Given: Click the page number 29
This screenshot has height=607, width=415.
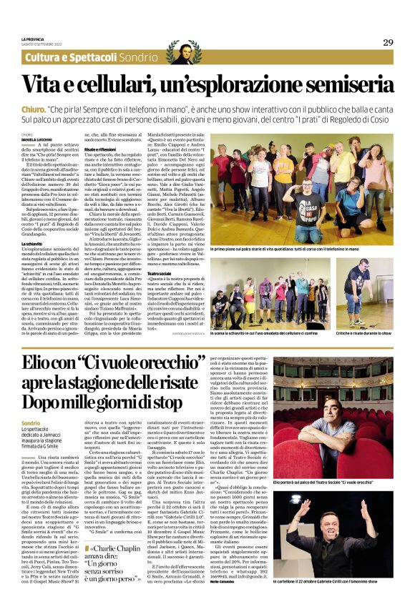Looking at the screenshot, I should coord(388,42).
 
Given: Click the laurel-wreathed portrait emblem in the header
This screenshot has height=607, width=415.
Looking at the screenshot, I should coord(184,51).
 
